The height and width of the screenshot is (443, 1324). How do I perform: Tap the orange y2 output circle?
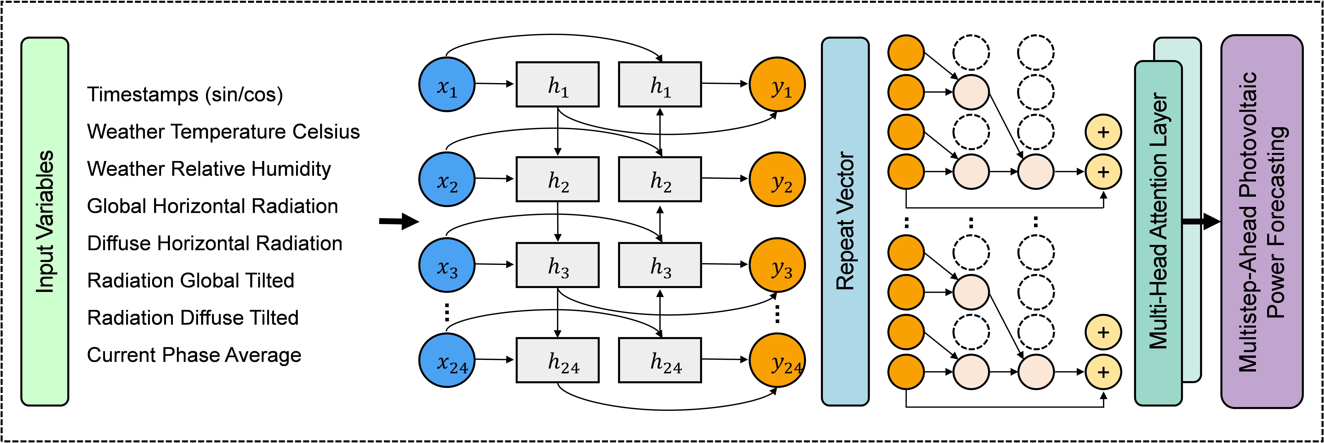[x=777, y=179]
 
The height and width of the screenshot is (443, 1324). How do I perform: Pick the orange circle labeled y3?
[x=777, y=265]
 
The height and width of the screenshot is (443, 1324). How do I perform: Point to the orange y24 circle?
[x=777, y=360]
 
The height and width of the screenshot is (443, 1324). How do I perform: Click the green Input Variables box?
[x=45, y=221]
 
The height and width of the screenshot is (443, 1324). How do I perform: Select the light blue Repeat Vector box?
[x=845, y=221]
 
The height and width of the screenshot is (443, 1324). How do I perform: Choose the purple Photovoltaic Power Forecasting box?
[x=1262, y=221]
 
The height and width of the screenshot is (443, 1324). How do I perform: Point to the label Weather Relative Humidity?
[x=209, y=169]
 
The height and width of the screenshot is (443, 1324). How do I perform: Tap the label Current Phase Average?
[x=194, y=355]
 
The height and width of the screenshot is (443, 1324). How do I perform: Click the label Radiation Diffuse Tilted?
[x=193, y=318]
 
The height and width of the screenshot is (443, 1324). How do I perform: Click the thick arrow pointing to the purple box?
[x=1201, y=222]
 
